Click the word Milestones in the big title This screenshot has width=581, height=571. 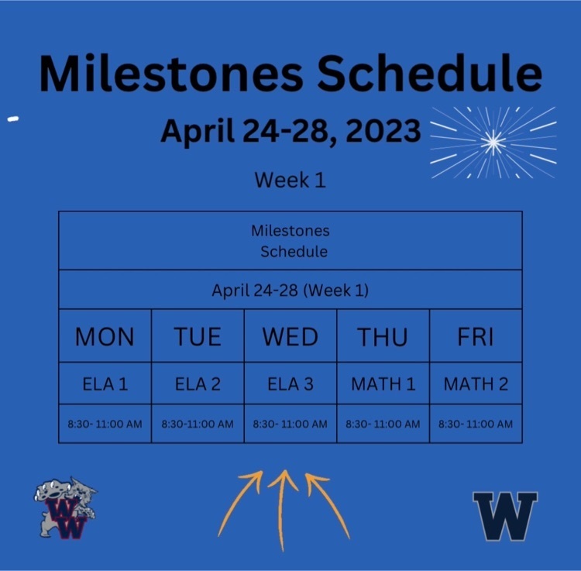(171, 73)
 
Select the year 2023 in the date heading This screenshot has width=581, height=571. (383, 131)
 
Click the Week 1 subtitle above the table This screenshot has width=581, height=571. (290, 180)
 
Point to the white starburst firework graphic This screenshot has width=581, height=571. (493, 143)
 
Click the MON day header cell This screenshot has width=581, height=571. (105, 335)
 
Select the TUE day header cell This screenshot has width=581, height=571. (198, 335)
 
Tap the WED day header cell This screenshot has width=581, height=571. (290, 335)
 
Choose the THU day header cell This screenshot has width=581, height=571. (383, 335)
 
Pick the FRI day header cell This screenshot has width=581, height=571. (476, 335)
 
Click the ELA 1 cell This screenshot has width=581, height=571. (105, 384)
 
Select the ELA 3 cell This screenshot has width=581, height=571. (290, 384)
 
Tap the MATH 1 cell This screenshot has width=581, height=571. (383, 384)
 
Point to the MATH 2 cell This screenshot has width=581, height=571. (476, 384)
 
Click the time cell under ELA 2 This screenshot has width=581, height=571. (198, 424)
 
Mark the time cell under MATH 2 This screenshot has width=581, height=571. (476, 424)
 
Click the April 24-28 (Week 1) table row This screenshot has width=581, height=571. (290, 290)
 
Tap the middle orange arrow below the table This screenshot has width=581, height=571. (282, 511)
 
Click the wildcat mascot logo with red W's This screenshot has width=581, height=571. (65, 507)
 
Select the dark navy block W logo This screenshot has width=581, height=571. (505, 516)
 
